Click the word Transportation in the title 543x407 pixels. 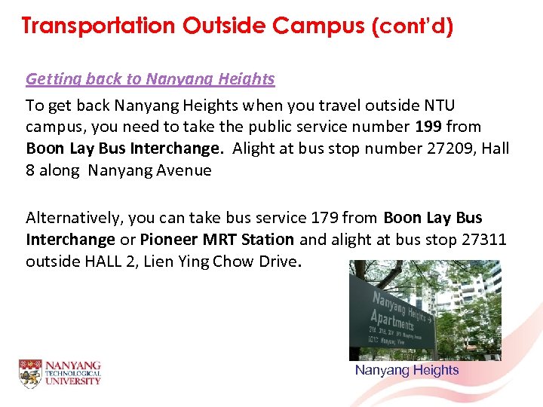[99, 26]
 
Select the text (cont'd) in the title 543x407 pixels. [412, 26]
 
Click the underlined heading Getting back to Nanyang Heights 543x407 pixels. [150, 78]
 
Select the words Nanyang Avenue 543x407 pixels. [149, 170]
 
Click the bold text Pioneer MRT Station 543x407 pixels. [217, 240]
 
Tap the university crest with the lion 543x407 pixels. [30, 374]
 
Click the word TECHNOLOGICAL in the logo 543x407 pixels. [72, 374]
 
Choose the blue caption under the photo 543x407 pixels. [406, 370]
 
